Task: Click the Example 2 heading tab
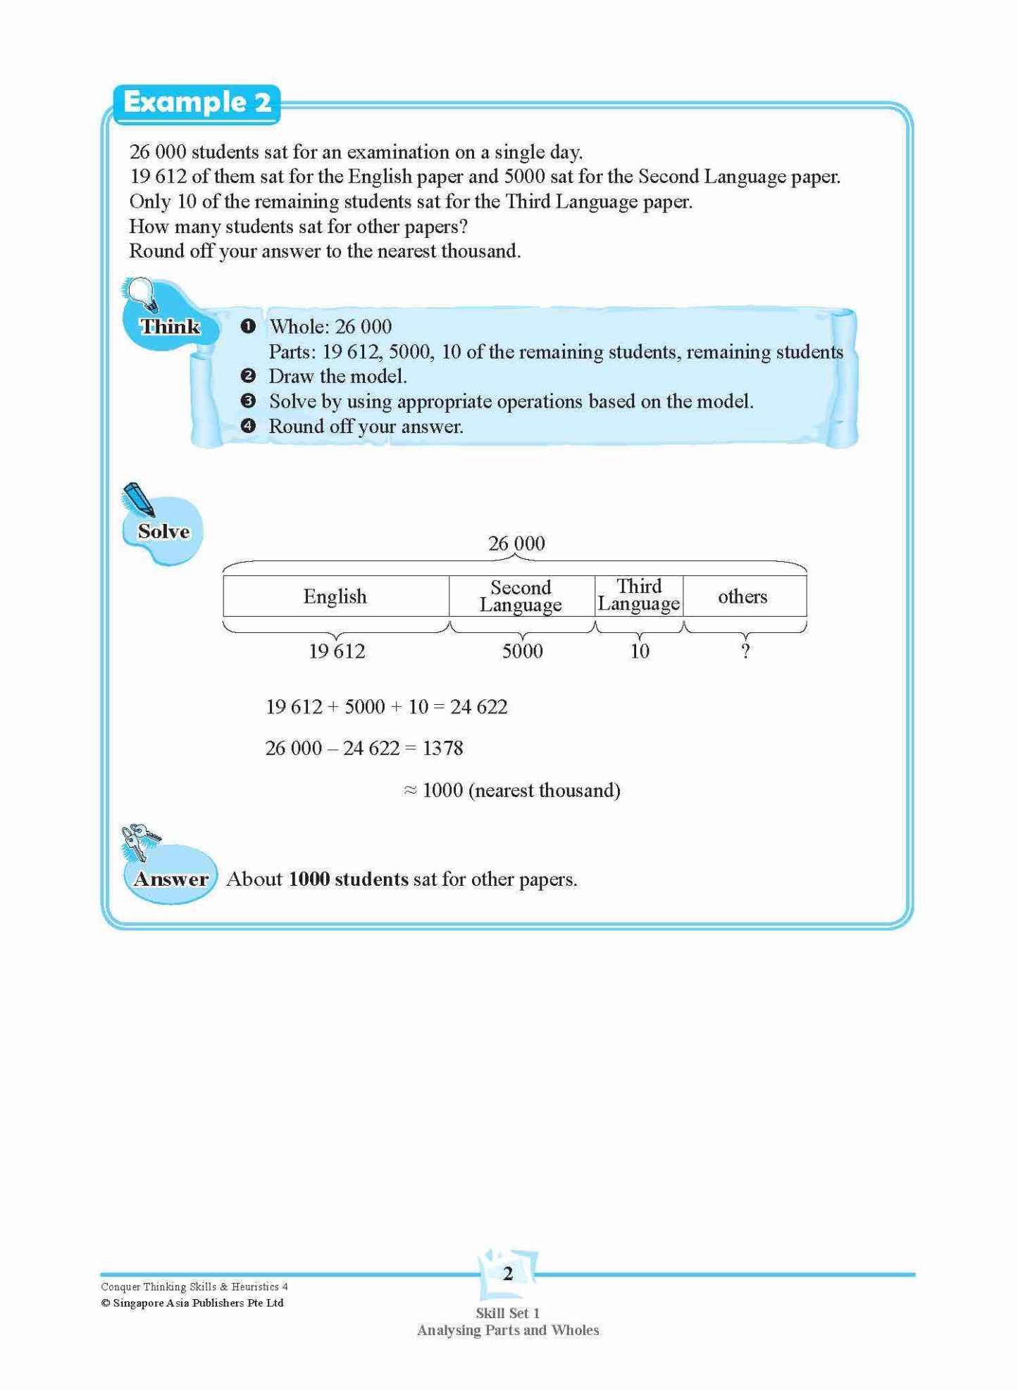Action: (x=197, y=103)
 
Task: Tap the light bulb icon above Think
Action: (x=144, y=293)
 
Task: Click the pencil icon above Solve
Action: (x=139, y=499)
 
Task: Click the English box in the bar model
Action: (x=335, y=596)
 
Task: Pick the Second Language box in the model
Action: (x=521, y=596)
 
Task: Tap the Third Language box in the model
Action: (x=639, y=596)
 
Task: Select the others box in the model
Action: (x=743, y=596)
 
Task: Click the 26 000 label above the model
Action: (x=516, y=544)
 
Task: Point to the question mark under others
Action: (x=745, y=651)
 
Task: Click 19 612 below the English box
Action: (x=337, y=651)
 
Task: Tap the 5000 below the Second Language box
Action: (x=522, y=651)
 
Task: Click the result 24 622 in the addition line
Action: (x=479, y=707)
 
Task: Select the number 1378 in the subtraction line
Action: (x=442, y=749)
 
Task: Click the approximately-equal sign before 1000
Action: (x=410, y=791)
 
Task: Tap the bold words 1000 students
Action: (x=348, y=879)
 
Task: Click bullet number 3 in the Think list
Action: (x=247, y=401)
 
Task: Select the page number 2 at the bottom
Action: (x=508, y=1274)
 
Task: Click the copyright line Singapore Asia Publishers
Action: (x=192, y=1303)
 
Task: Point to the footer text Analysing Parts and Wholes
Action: (x=508, y=1331)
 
